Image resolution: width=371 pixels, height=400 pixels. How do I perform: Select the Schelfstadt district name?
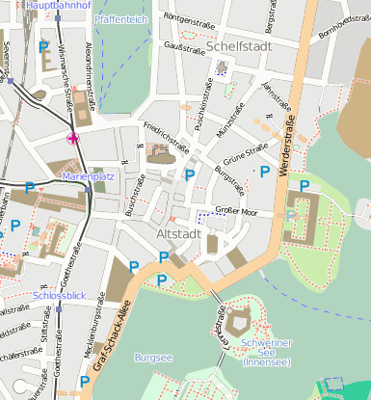tap(233, 45)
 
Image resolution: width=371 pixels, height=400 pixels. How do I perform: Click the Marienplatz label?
tap(88, 177)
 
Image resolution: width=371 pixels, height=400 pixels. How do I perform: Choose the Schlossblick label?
tap(60, 296)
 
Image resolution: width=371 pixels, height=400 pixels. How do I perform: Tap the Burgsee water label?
tap(153, 357)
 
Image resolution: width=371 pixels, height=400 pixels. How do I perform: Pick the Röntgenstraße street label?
tap(187, 18)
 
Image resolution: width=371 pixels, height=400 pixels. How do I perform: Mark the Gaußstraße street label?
tap(181, 45)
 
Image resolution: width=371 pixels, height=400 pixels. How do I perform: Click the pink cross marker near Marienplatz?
tap(73, 139)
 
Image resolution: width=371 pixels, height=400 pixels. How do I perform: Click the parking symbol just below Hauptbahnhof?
tap(42, 46)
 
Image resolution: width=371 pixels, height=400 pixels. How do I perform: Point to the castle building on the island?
tap(239, 316)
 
